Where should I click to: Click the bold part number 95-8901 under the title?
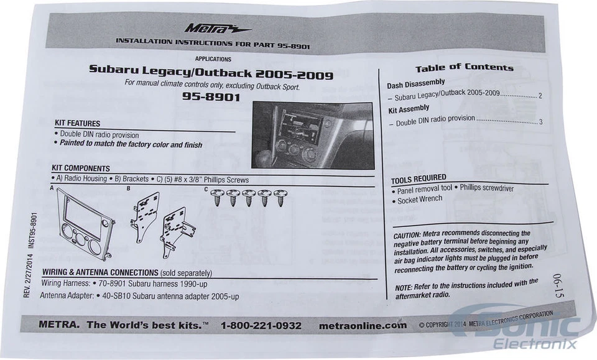point(212,97)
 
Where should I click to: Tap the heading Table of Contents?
point(464,67)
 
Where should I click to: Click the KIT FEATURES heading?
point(77,123)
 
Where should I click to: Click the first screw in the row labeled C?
point(218,198)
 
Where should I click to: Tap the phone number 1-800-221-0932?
point(261,325)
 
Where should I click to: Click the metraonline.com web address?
point(362,325)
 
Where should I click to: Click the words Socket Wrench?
point(420,199)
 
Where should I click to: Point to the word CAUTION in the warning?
point(407,235)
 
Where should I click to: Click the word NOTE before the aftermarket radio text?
point(404,287)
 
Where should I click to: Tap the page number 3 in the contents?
point(541,121)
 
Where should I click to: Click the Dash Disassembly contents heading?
point(416,83)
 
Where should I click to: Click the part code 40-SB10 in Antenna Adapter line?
point(114,296)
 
